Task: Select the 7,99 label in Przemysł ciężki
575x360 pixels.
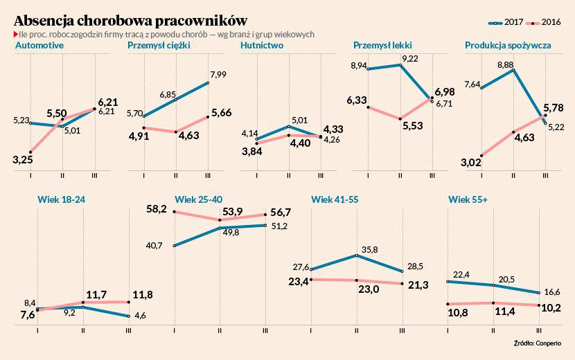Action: [x=218, y=74]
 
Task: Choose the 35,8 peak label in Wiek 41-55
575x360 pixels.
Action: [x=368, y=249]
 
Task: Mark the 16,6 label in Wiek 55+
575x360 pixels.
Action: [x=552, y=292]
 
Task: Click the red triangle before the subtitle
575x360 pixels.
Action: [x=16, y=34]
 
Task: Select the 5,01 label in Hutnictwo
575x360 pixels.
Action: [x=299, y=119]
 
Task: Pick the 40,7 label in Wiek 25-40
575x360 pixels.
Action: [x=154, y=245]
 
